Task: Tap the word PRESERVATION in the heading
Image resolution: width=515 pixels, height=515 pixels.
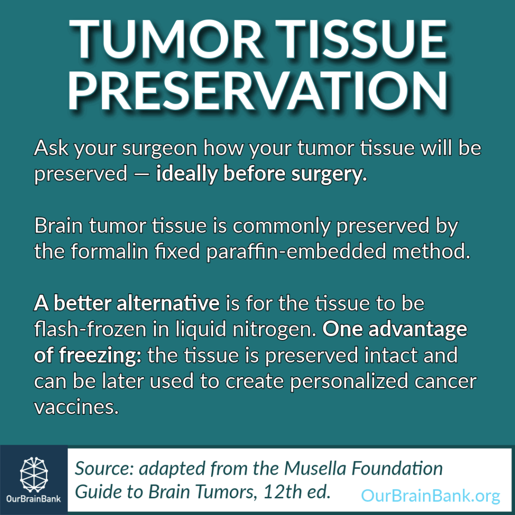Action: click(x=258, y=91)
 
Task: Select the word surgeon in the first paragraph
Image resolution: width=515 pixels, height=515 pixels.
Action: click(x=159, y=149)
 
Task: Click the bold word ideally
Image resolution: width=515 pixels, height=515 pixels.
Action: click(x=187, y=174)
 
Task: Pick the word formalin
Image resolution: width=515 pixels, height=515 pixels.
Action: click(x=109, y=251)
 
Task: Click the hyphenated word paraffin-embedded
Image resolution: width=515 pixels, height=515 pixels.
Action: click(x=296, y=252)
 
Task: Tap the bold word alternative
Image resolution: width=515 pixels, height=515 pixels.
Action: click(x=168, y=303)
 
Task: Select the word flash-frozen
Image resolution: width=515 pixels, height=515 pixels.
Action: click(x=91, y=329)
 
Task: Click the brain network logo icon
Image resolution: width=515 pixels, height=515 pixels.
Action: click(x=34, y=474)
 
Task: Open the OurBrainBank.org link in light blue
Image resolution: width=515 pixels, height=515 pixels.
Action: click(x=431, y=495)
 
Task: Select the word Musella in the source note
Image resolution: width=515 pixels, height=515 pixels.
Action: click(x=315, y=468)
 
